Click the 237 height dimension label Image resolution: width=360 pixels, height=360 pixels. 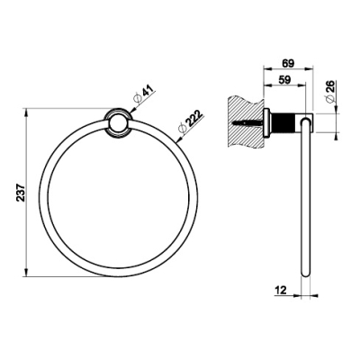click(21, 193)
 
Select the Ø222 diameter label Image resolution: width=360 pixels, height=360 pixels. click(190, 122)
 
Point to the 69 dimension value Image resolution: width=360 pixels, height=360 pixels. click(289, 63)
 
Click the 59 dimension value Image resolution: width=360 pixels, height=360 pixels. click(284, 80)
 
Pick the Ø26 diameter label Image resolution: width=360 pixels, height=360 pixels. click(329, 91)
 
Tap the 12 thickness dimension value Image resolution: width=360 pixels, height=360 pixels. click(280, 290)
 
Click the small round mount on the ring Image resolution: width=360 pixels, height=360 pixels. click(119, 123)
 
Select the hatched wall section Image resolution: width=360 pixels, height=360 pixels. click(246, 121)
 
